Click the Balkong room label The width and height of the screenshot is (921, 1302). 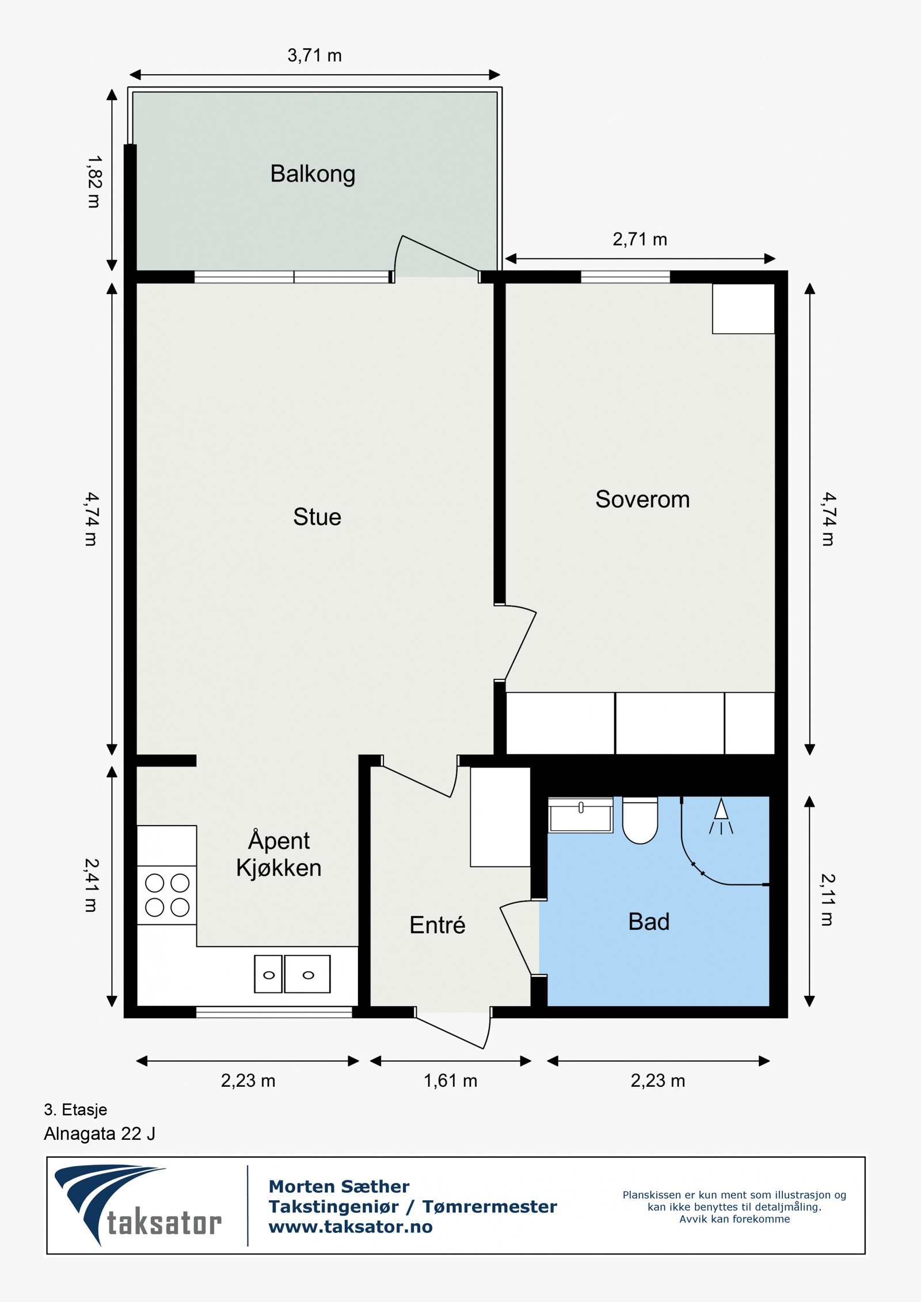point(313,174)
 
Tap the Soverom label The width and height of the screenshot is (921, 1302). point(642,499)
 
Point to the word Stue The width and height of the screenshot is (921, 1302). point(317,517)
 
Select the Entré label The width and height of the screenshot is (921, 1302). point(437,925)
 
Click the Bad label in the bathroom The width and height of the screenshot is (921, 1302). point(649,922)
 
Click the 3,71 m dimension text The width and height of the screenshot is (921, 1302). point(314,55)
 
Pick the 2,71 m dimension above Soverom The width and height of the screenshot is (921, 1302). point(640,239)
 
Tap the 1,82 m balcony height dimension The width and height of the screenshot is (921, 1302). point(93,181)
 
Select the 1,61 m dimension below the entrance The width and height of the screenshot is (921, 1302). point(451,1080)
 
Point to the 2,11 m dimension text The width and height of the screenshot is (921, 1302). point(827,900)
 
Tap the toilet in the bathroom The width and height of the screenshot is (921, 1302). point(640,820)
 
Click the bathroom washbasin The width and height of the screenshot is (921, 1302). point(580,815)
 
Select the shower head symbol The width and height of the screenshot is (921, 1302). point(721,816)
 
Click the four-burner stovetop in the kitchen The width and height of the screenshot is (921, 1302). point(167,895)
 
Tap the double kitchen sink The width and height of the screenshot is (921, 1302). point(292,974)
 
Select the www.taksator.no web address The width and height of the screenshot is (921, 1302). point(351,1227)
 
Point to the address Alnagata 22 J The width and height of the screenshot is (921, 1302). point(100,1133)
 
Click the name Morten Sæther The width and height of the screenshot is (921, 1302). point(339,1186)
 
